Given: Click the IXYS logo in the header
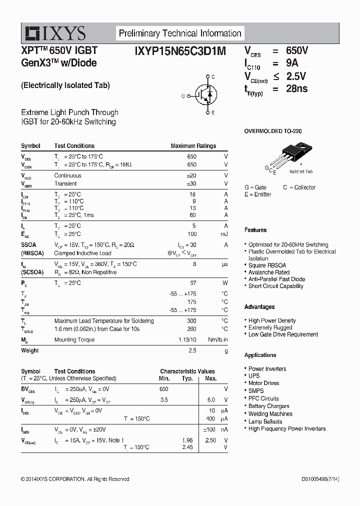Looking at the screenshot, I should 55,33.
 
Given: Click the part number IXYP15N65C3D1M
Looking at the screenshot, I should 180,50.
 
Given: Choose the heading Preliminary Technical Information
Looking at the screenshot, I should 180,33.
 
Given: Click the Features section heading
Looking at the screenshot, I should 255,230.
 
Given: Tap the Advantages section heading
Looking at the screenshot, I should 259,306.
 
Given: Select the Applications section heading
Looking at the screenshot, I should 260,355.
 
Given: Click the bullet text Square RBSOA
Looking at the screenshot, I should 267,265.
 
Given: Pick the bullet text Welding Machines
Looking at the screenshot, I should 270,414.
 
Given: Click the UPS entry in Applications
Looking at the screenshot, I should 254,375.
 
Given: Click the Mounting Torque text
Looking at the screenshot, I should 74,340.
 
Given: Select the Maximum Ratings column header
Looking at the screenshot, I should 193,146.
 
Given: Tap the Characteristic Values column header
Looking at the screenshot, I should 187,371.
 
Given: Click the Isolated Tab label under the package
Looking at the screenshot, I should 301,171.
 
